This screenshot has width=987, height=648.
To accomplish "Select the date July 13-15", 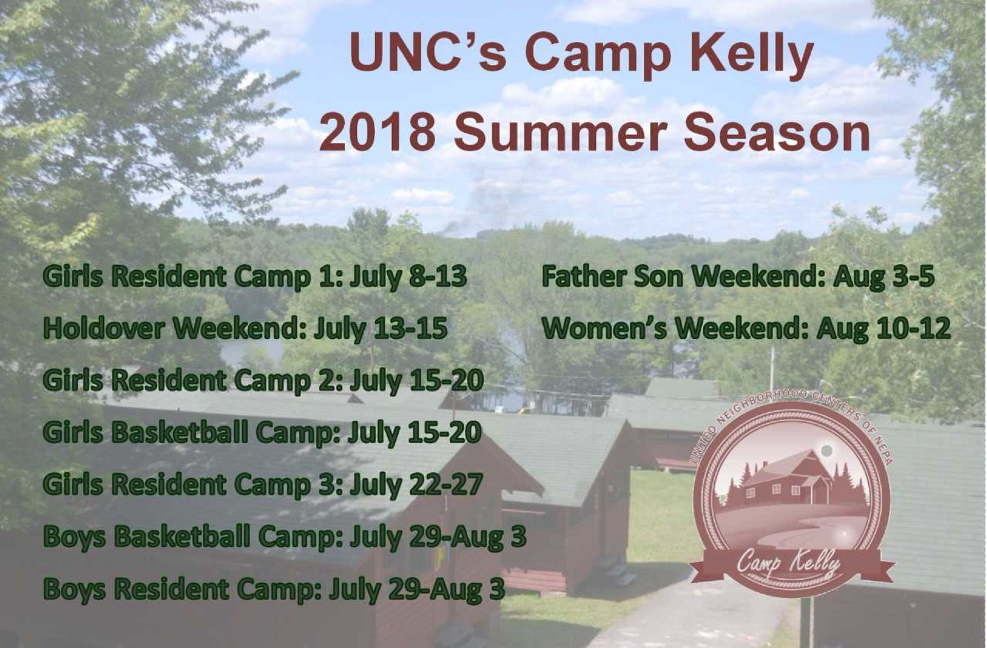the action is [380, 329].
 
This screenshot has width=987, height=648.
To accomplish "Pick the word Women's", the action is [605, 328].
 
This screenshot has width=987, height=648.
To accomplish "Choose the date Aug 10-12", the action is [884, 329].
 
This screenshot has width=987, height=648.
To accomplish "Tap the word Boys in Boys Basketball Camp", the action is [75, 537].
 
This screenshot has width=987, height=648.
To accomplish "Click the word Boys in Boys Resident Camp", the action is [75, 589].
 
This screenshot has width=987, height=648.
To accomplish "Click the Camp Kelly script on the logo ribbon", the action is [789, 564].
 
